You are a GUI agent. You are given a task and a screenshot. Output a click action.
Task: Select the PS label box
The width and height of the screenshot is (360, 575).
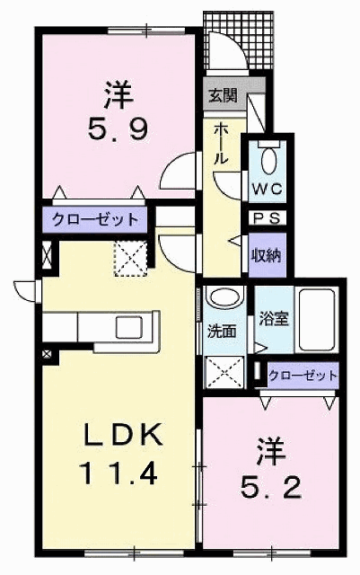click(266, 218)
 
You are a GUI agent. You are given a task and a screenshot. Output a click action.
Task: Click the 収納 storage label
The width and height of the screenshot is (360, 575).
click(266, 253)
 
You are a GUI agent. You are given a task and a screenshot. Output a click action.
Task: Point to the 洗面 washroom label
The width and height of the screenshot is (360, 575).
click(223, 330)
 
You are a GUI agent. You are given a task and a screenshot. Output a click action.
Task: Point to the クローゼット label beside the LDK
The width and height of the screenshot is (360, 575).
click(94, 219)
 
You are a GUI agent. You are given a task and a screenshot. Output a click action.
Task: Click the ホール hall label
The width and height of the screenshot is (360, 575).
click(223, 144)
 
